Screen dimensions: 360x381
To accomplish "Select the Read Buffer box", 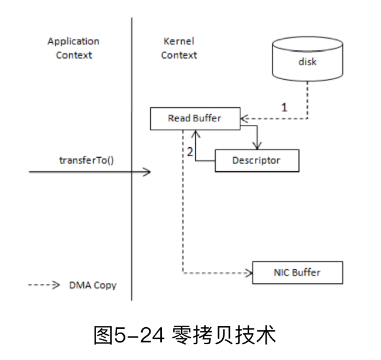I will pos(195,118).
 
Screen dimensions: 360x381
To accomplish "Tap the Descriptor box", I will pos(257,160).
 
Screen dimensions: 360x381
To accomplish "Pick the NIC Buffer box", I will pos(297,273).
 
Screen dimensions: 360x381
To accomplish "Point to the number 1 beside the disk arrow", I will pos(284,107).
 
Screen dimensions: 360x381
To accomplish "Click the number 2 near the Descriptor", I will pos(189,151).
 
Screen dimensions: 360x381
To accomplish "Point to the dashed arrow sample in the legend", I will pos(44,286).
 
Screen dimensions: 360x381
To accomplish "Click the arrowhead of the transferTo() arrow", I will pos(148,172).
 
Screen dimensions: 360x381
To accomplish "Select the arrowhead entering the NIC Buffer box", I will pos(249,273).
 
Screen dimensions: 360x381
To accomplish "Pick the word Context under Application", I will pos(74,55).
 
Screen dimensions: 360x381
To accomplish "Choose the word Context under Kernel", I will pos(179,55).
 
